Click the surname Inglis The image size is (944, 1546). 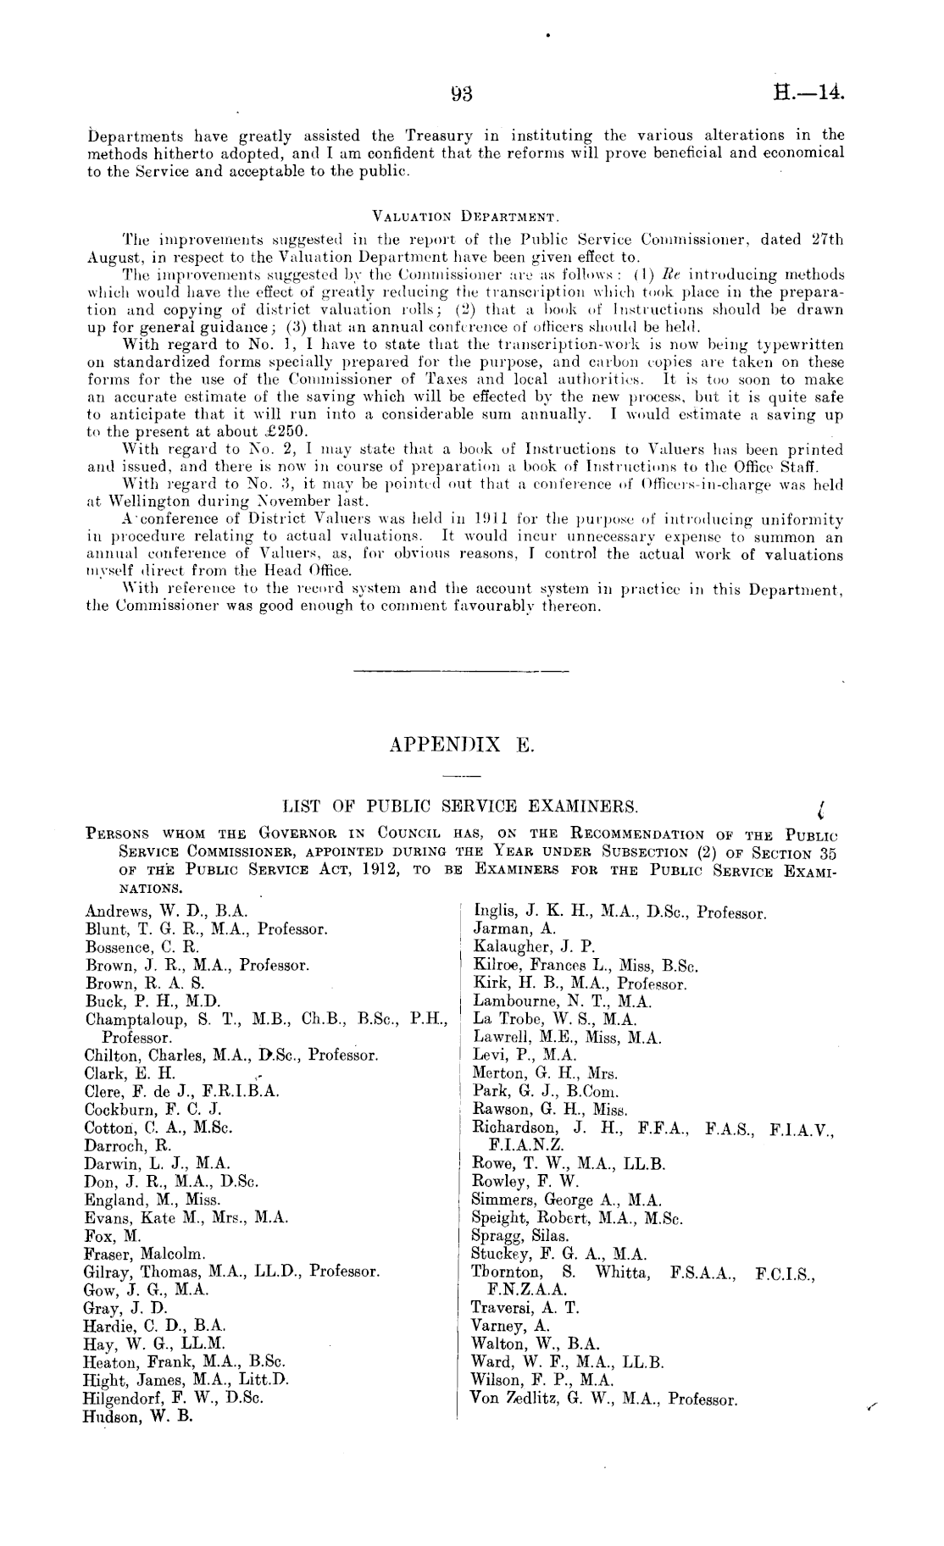[x=493, y=912]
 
